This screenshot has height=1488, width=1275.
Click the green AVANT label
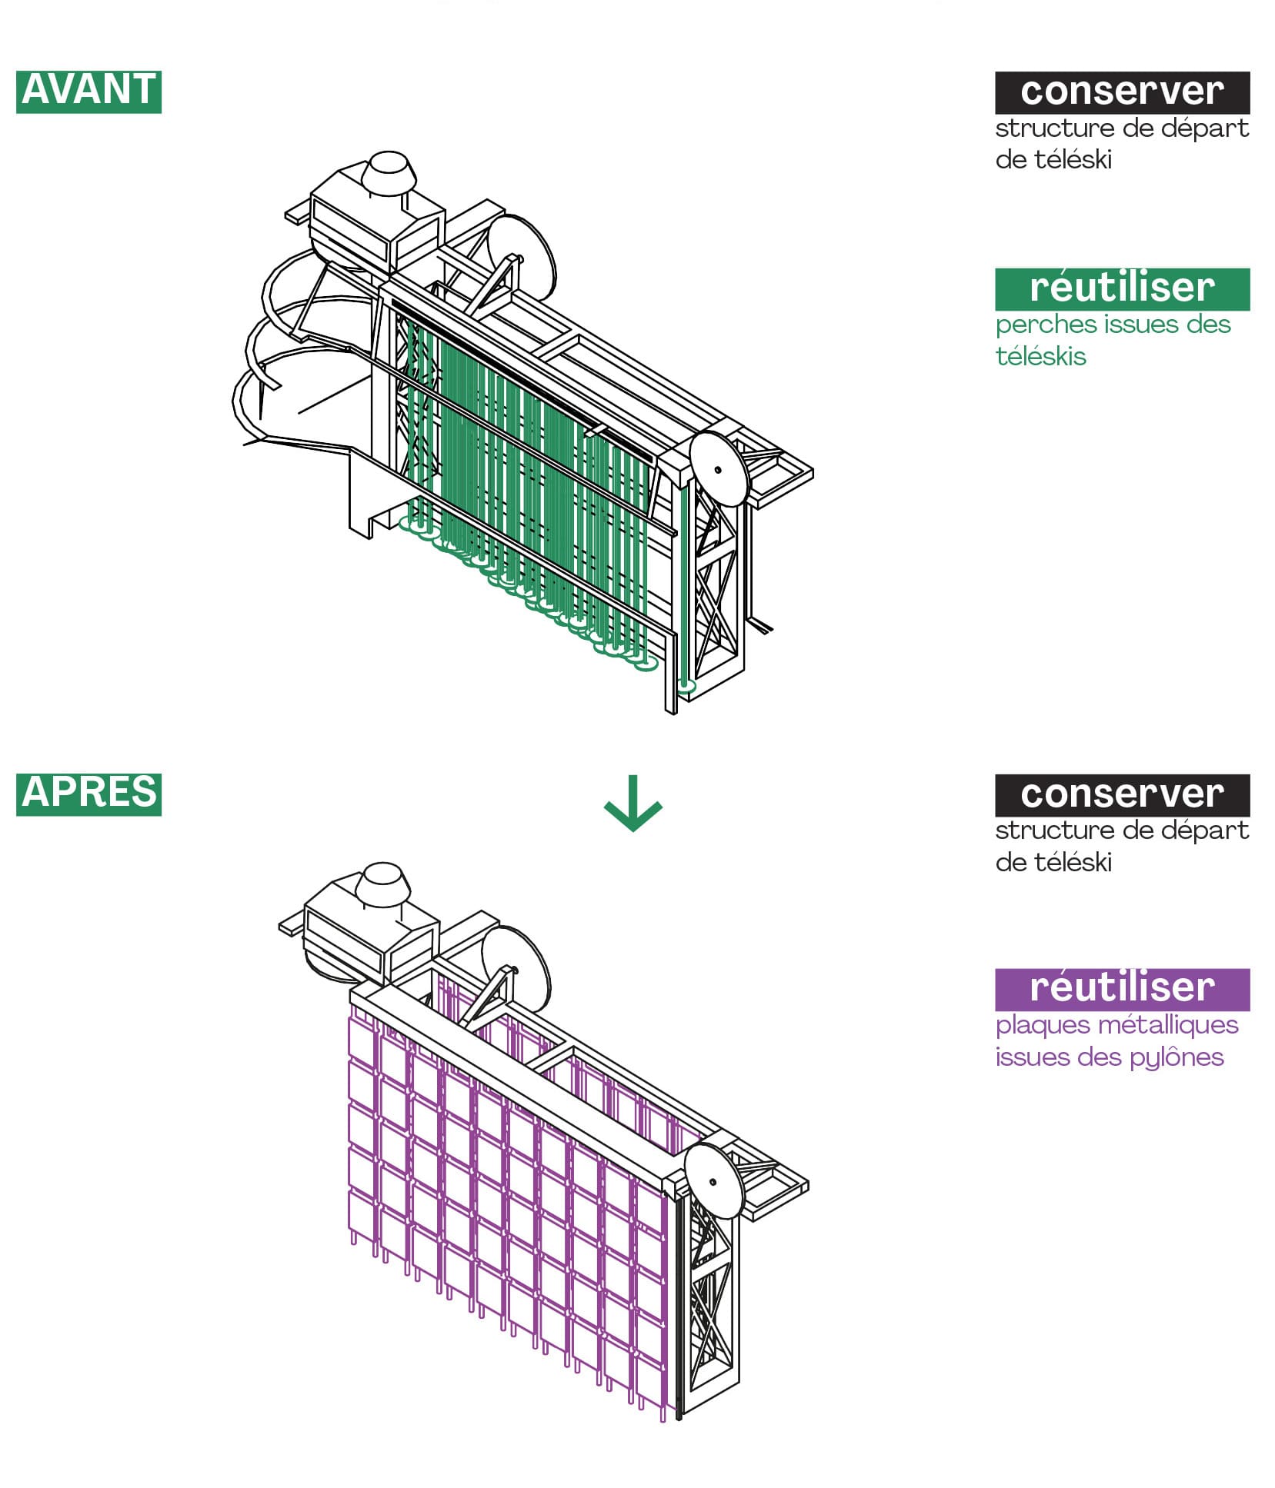(x=88, y=92)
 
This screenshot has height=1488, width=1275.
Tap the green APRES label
(x=88, y=794)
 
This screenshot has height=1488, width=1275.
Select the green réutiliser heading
(x=1121, y=288)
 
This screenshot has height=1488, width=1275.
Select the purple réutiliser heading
(x=1121, y=989)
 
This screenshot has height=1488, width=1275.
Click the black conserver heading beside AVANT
(x=1121, y=92)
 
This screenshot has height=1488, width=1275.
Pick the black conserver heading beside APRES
(x=1121, y=794)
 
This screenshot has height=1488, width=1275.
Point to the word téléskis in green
(x=1040, y=357)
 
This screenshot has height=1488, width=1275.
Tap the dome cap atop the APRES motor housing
(x=382, y=880)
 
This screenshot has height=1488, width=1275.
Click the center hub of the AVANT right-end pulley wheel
(x=718, y=469)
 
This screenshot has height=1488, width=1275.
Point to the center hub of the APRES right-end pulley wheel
(x=713, y=1182)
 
